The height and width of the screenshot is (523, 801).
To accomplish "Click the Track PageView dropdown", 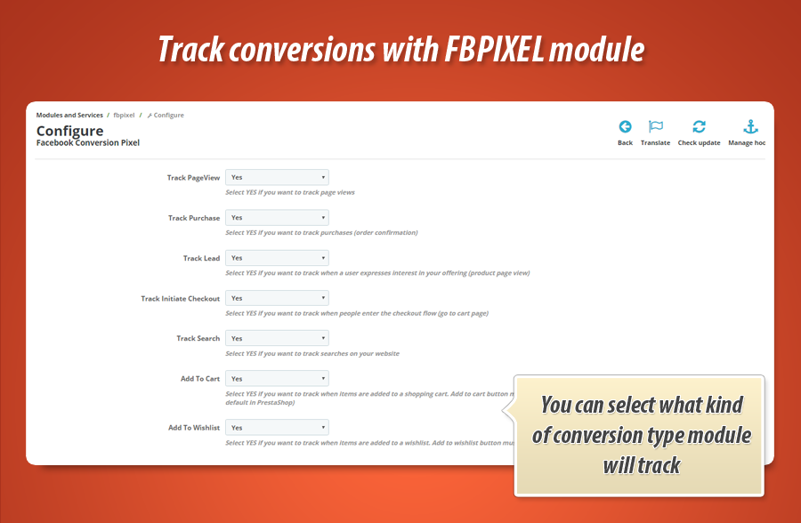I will (277, 178).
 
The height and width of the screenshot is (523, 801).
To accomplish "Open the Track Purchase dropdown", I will (277, 218).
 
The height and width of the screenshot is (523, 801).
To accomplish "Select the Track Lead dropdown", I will (277, 258).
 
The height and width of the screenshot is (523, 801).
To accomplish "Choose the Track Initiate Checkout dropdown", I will (277, 298).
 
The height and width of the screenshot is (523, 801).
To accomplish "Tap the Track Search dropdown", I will (277, 338).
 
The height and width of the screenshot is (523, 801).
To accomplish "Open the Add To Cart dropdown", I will (277, 378).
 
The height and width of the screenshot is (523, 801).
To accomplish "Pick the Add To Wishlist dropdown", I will (277, 427).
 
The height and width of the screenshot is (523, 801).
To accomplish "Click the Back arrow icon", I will (625, 126).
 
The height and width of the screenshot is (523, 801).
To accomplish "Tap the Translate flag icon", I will (655, 126).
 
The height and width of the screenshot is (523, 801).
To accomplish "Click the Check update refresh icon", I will (699, 126).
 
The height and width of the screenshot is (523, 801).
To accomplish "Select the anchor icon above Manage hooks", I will (749, 126).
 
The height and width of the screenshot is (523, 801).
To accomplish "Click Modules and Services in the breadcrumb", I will (69, 115).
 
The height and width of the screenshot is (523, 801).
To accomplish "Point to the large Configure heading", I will (69, 131).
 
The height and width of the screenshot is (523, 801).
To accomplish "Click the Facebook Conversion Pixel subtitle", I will (87, 142).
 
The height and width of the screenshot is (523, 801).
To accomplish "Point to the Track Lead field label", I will (201, 258).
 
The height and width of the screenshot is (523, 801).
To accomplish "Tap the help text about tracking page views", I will (290, 192).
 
